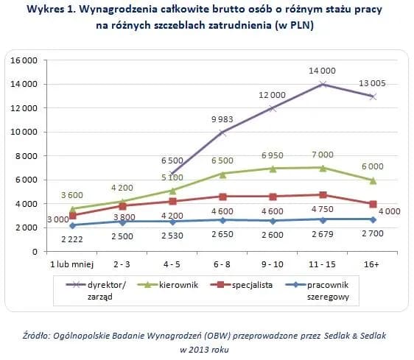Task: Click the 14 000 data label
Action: tap(323, 71)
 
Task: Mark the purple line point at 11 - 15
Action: tap(323, 84)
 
